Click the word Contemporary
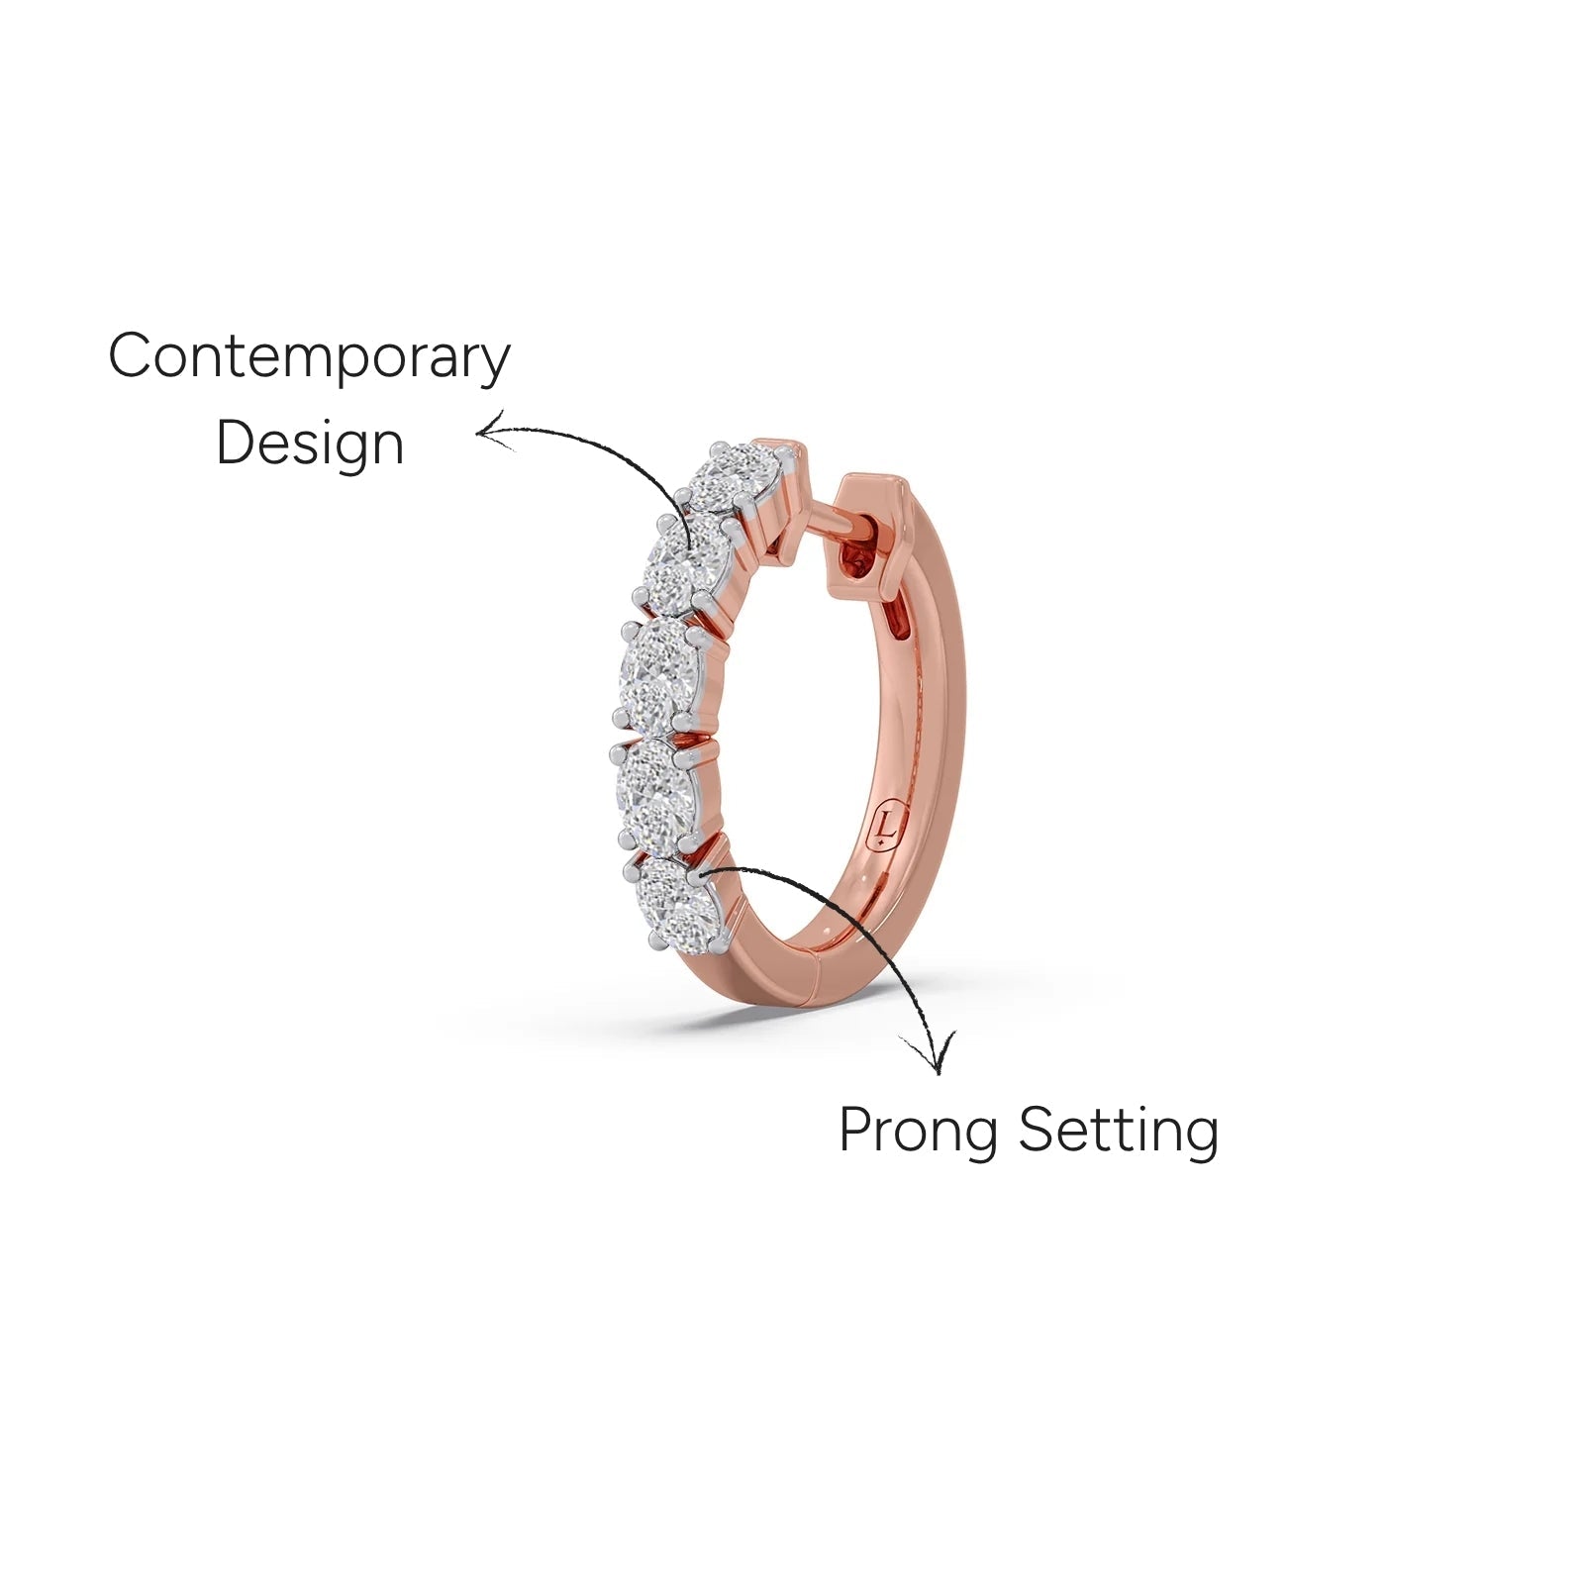point(309,357)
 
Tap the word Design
point(310,443)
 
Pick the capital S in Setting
point(1037,1129)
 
